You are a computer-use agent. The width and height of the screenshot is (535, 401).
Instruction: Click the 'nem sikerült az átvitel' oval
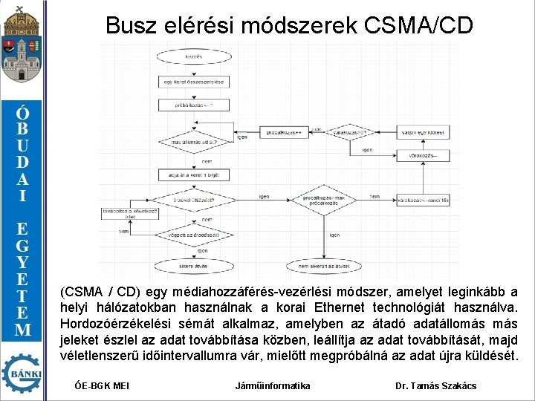point(318,266)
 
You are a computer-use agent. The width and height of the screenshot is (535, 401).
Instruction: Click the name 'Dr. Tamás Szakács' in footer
point(436,385)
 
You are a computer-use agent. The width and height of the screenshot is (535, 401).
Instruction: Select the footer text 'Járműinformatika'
point(272,385)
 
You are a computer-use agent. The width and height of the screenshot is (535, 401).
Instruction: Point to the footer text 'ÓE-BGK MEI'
point(103,385)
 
